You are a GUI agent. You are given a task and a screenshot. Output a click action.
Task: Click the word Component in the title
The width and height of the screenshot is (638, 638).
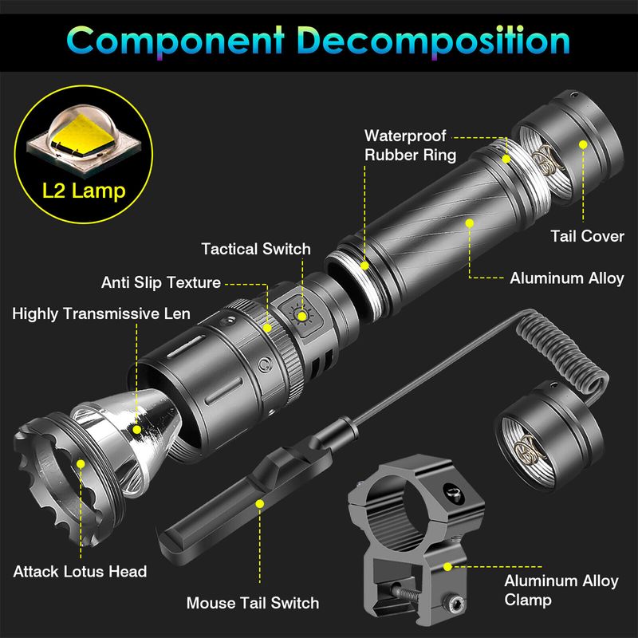175,41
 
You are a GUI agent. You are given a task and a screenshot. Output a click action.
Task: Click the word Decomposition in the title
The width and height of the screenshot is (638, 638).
433,41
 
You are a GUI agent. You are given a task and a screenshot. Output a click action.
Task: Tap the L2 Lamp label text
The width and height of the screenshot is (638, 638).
84,191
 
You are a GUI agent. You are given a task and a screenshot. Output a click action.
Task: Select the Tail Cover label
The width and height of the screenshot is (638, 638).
587,236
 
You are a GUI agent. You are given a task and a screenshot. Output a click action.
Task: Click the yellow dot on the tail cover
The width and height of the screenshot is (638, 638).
583,144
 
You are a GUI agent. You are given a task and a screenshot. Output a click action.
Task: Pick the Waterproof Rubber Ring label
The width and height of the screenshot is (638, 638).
410,145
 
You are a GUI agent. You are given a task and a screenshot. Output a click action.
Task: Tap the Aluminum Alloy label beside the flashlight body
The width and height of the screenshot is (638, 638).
567,278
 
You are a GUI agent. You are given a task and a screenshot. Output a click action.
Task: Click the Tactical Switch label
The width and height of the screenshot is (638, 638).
256,249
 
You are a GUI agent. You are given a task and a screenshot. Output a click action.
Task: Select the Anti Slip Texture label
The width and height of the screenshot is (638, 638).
161,282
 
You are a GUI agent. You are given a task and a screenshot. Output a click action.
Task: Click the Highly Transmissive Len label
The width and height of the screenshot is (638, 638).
101,313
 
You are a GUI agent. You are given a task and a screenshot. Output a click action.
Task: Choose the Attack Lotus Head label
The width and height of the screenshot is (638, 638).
80,572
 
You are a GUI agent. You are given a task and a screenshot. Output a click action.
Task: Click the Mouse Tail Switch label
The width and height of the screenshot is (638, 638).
253,603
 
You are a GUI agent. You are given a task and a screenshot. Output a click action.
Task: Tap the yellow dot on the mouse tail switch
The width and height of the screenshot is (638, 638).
260,504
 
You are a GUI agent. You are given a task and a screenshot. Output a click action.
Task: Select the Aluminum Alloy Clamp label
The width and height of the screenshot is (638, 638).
561,590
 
